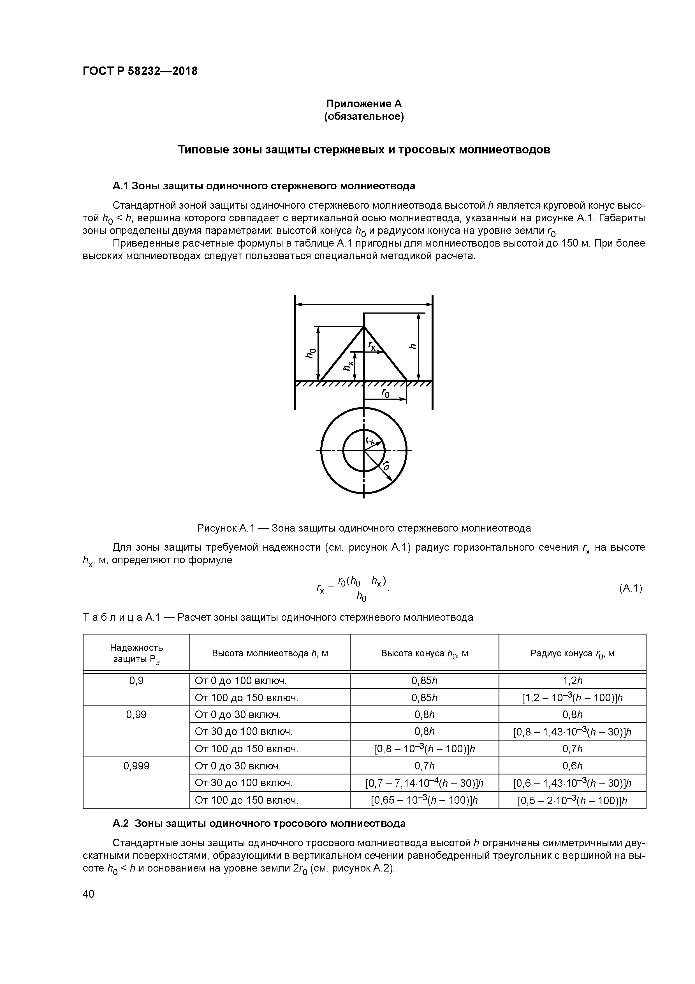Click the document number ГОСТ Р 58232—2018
click(x=140, y=71)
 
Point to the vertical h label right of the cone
click(x=413, y=347)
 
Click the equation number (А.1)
click(x=630, y=588)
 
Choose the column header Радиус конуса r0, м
click(x=572, y=653)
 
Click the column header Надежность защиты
click(x=136, y=653)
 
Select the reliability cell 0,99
click(x=136, y=714)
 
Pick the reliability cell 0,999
click(x=136, y=766)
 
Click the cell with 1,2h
click(x=572, y=680)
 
